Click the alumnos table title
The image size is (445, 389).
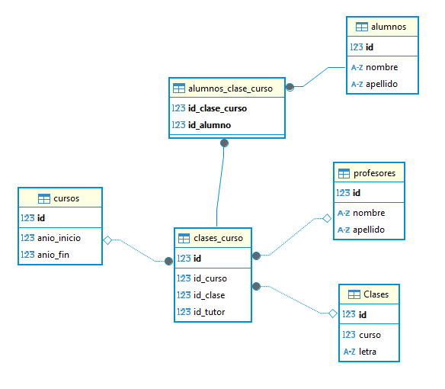coord(389,27)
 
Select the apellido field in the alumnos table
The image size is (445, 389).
coord(382,84)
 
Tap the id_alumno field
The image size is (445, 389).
coord(210,125)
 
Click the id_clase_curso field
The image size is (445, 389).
coord(217,108)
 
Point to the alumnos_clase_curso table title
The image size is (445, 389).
coord(230,88)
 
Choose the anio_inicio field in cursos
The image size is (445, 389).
coord(59,238)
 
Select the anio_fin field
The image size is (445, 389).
coord(53,255)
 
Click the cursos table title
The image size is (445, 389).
coord(66,198)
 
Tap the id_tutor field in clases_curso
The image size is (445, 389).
coord(209,312)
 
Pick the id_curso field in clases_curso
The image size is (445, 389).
coord(210,278)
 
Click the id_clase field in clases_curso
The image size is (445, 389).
coord(209,295)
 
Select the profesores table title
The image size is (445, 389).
coord(374,173)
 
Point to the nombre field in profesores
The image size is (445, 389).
coord(369,213)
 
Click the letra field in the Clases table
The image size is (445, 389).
coord(367,352)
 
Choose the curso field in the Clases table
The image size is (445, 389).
coord(370,335)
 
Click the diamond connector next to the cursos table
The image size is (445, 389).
coord(107,240)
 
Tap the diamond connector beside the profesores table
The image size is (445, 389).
coord(327,218)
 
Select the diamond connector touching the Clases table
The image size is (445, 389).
coord(333,313)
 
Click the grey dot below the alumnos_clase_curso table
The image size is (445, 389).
coord(224,143)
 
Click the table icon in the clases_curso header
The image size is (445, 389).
coord(184,238)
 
